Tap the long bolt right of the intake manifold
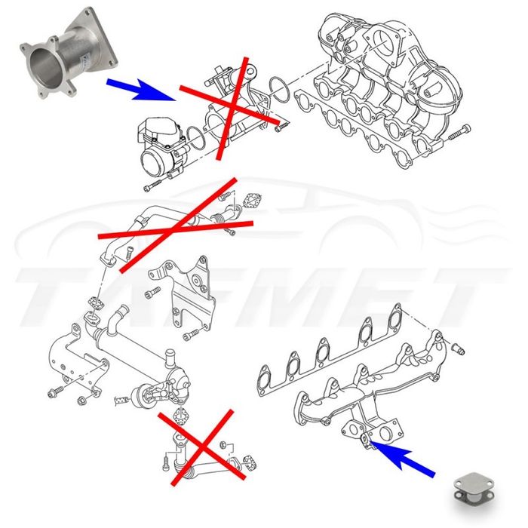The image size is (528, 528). point(458,138)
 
